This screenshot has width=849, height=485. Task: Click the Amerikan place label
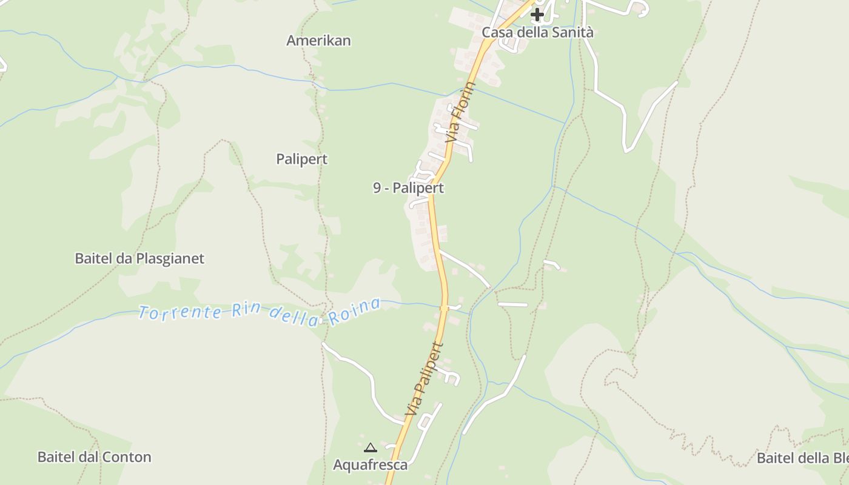coord(318,41)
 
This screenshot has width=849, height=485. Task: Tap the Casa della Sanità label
coord(537,33)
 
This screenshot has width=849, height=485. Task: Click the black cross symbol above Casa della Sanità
coord(537,14)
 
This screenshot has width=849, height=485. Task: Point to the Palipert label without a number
coord(301,159)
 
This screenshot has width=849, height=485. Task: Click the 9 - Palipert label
coord(408,188)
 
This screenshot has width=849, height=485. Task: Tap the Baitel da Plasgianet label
coord(139,258)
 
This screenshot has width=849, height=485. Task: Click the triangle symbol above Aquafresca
coord(370,448)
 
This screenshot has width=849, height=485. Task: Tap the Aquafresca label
coord(370,465)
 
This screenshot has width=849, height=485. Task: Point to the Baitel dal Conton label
coord(95,457)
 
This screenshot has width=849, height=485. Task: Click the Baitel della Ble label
coord(802,458)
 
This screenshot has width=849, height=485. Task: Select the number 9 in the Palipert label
coord(377,188)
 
